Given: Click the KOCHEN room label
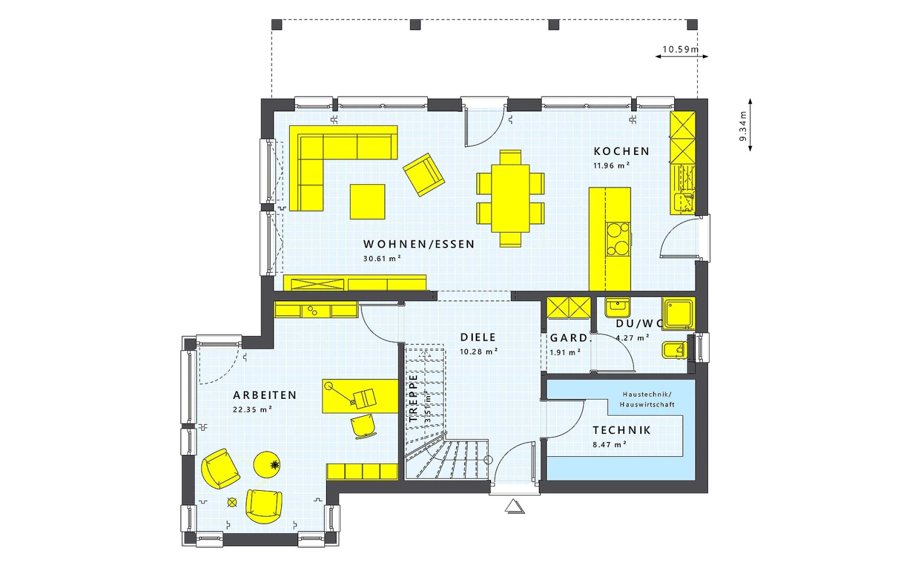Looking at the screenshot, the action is [x=622, y=152].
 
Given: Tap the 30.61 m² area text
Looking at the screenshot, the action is [x=382, y=258].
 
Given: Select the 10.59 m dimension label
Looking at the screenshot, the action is [x=680, y=49].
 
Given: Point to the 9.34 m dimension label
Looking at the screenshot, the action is [x=743, y=126].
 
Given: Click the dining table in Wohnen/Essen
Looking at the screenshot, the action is [x=510, y=198].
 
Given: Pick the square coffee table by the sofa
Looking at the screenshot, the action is [x=367, y=201].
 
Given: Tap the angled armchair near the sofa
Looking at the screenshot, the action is [x=424, y=174].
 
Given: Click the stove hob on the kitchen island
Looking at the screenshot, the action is [x=619, y=239].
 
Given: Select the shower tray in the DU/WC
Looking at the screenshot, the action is [x=679, y=314].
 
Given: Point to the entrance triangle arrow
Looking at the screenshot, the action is [x=515, y=506].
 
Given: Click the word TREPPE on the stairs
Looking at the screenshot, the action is [x=413, y=398].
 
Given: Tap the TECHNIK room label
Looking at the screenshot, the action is [x=622, y=430].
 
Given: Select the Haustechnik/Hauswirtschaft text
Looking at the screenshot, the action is [x=647, y=400].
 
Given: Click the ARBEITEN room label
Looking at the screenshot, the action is [x=264, y=395].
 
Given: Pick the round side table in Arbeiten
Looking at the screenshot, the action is [x=267, y=464].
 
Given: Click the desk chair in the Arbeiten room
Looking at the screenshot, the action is [x=363, y=426].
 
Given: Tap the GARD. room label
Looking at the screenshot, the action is [x=570, y=338].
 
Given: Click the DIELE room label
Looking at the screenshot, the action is [x=479, y=338].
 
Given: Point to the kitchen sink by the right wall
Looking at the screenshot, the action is [x=684, y=201].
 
